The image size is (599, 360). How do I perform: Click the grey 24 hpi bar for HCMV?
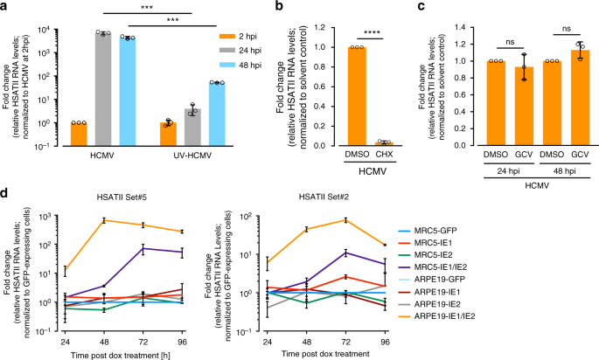tap(104, 88)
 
